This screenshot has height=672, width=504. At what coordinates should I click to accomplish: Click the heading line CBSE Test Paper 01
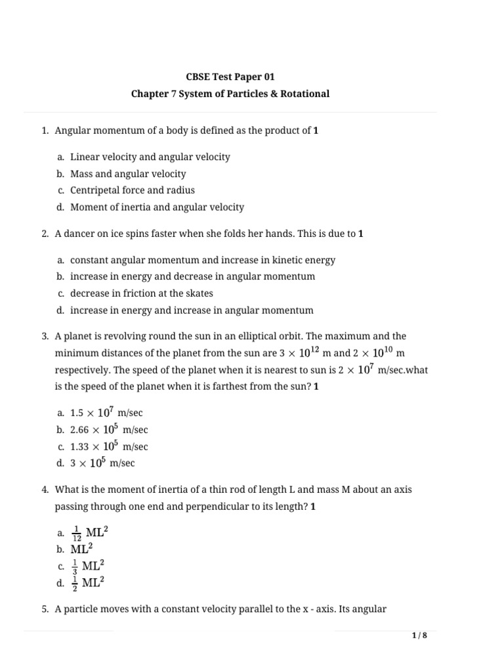tap(230, 77)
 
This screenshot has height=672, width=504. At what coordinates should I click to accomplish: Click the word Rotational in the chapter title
tap(303, 94)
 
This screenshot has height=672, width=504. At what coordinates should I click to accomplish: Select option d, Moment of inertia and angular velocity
tap(157, 207)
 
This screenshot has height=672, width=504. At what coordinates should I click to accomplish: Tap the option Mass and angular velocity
tap(128, 174)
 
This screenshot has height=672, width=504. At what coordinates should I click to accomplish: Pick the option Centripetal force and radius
tap(133, 190)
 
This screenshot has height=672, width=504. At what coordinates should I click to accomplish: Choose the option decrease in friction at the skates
tap(142, 293)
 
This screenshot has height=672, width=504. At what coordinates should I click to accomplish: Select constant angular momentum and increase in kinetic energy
tap(202, 260)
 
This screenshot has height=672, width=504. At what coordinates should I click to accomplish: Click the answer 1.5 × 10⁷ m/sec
tap(102, 413)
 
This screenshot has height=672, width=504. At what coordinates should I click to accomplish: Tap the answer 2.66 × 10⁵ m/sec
tap(109, 430)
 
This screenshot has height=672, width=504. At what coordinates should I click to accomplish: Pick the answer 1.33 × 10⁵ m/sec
tap(109, 447)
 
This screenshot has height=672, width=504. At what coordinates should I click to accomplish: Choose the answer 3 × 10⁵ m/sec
tap(102, 463)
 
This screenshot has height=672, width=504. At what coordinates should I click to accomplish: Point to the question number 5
tap(45, 609)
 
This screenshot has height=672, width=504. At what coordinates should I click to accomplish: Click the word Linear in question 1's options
tap(85, 157)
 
